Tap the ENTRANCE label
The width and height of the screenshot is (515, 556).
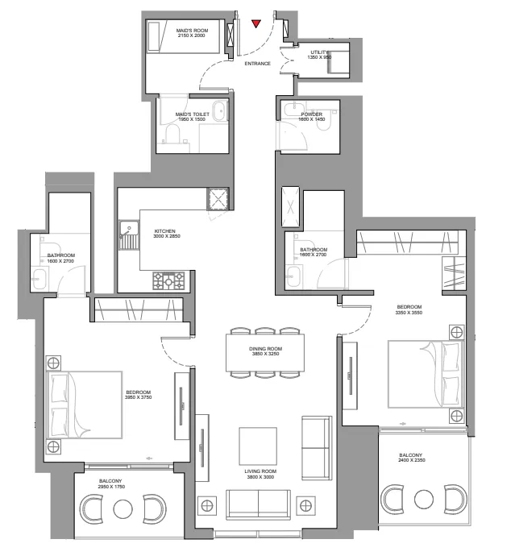[256, 64]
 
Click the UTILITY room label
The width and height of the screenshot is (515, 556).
[320, 52]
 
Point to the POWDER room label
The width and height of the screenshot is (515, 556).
[311, 114]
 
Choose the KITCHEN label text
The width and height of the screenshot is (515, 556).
[167, 231]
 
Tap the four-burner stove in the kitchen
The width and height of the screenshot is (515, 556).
[168, 280]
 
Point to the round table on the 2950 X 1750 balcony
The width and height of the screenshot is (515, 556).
[123, 509]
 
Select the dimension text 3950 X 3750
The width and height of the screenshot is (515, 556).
[139, 397]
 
